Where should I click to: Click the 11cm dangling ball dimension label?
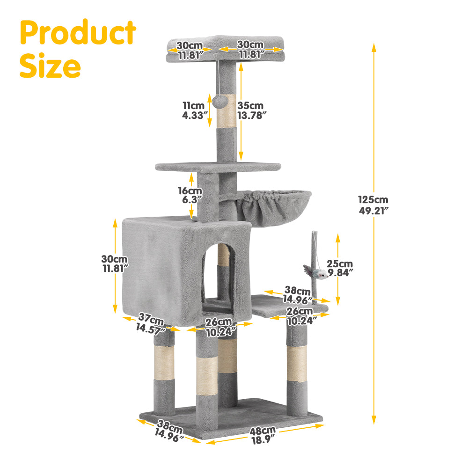pos(193,106)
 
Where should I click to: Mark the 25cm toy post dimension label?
pos(340,264)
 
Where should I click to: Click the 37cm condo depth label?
pos(151,322)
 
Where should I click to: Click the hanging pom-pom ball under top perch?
pos(219,100)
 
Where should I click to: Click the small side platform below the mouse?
pos(281,307)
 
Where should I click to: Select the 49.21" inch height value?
pos(374,211)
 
